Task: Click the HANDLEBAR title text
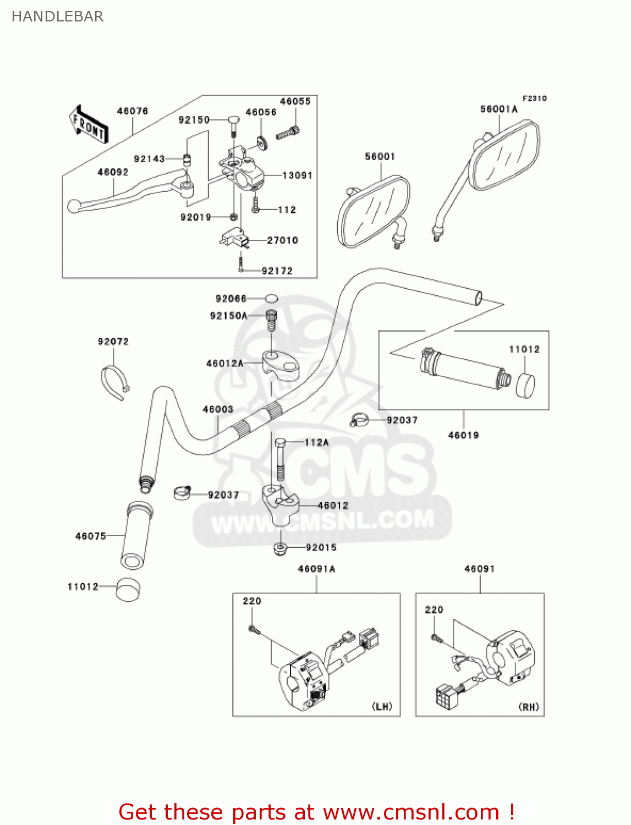tap(57, 16)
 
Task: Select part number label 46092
tap(113, 172)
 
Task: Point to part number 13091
tap(297, 175)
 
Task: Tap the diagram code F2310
tap(534, 98)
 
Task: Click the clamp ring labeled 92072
tap(114, 381)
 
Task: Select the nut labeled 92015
tap(279, 548)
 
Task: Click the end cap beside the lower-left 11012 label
tap(128, 590)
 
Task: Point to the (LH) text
tap(382, 706)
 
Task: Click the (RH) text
tap(529, 707)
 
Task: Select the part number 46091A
tap(316, 569)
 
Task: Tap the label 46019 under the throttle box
tap(463, 435)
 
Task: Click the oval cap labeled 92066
tap(272, 299)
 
